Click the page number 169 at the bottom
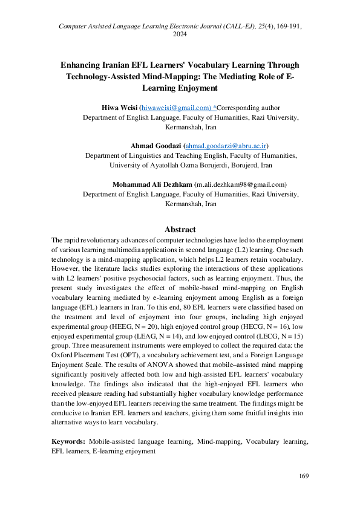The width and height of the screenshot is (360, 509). click(304, 476)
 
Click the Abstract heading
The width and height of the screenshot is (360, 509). click(180, 230)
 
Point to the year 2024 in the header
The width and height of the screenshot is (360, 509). click(180, 34)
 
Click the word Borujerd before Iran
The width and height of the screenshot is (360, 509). click(238, 165)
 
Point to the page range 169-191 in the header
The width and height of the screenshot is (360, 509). click(287, 26)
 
